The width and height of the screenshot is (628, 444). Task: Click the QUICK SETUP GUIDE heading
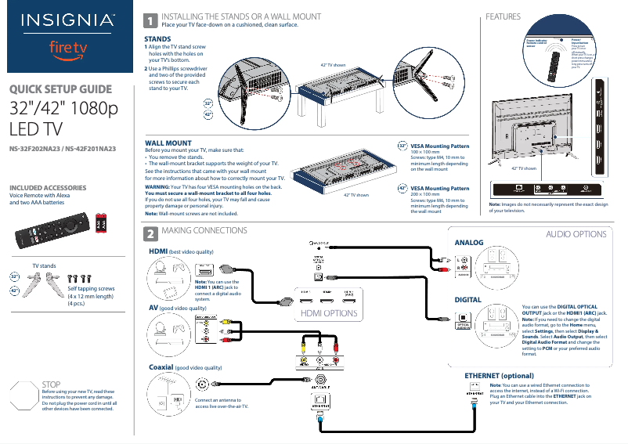(x=60, y=89)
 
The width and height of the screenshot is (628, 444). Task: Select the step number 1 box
(x=149, y=21)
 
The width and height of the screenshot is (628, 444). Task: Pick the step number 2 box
(x=149, y=234)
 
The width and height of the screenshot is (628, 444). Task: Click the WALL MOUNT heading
(x=168, y=143)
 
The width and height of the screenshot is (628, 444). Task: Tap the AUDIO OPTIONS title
(x=576, y=234)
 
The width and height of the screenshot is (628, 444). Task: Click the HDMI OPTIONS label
(x=329, y=313)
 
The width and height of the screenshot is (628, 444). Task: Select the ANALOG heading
(x=469, y=243)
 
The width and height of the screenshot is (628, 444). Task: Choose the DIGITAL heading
(x=467, y=300)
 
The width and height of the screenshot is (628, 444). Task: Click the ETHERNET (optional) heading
(x=499, y=376)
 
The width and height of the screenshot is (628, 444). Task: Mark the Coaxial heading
(x=161, y=366)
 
